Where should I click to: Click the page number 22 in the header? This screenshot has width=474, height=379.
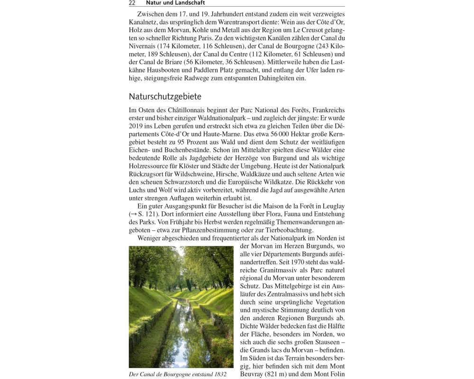click(x=132, y=3)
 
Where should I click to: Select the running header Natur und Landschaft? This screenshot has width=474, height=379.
click(x=175, y=3)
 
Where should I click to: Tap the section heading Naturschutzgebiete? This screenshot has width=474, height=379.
click(x=165, y=97)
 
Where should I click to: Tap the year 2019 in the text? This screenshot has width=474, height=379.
click(x=136, y=126)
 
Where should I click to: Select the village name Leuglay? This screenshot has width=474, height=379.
click(x=332, y=206)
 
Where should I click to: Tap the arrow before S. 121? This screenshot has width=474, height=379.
click(x=133, y=214)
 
